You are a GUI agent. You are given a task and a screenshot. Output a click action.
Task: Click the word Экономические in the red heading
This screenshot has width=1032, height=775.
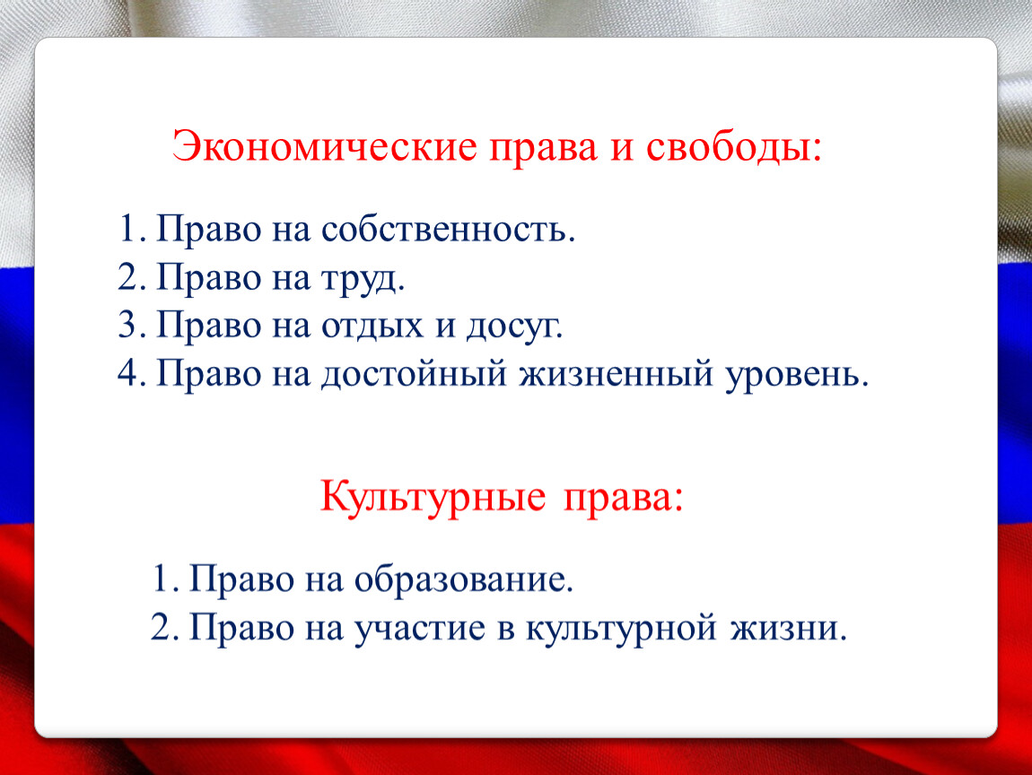pyautogui.click(x=325, y=146)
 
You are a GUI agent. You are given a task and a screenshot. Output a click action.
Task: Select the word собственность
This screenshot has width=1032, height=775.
pyautogui.click(x=448, y=231)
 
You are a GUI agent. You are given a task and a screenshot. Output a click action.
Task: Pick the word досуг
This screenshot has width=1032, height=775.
pyautogui.click(x=514, y=327)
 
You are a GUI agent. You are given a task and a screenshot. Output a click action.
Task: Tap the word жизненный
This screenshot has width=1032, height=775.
pyautogui.click(x=617, y=374)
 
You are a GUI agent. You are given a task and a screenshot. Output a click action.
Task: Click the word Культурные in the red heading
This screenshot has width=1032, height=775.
pyautogui.click(x=433, y=497)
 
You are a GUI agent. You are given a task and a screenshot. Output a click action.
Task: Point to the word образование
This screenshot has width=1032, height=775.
pyautogui.click(x=463, y=579)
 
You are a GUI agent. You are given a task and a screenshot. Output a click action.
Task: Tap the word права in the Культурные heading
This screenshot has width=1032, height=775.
pyautogui.click(x=624, y=498)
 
